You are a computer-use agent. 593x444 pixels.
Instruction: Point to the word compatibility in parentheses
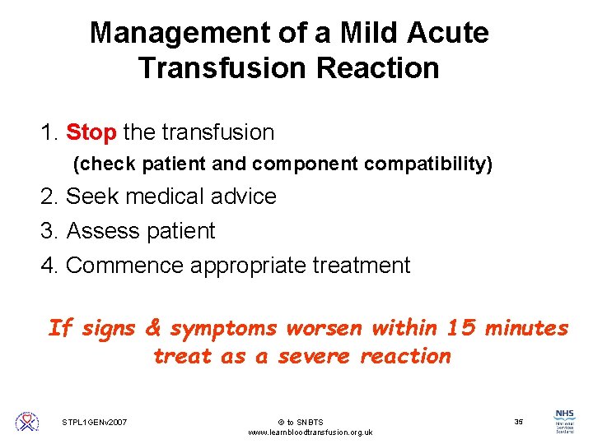(427, 164)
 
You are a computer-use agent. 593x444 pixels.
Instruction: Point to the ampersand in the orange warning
(153, 328)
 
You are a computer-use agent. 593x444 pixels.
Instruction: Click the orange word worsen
(324, 328)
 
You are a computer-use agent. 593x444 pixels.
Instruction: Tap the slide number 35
(518, 422)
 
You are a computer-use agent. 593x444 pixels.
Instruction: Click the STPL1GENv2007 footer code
(94, 423)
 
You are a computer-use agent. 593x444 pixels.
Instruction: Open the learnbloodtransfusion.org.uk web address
(311, 432)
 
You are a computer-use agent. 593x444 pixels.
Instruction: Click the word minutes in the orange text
(526, 328)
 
